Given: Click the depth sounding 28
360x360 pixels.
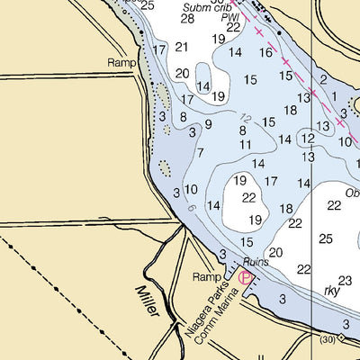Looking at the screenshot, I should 187,18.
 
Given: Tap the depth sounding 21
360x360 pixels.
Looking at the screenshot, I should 182,47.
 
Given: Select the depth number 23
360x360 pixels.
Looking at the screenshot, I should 345,281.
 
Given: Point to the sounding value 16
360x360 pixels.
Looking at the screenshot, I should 265,53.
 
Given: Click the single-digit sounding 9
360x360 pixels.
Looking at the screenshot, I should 208,124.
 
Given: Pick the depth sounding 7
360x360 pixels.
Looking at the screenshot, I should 200,152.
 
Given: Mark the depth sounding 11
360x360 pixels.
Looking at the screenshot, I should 245,144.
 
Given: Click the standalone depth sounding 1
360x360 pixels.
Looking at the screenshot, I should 333,96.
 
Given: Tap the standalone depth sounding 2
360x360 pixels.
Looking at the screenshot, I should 323,79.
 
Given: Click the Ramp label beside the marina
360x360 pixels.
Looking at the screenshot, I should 206,276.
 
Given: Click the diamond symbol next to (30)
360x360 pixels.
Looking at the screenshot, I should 342,339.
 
